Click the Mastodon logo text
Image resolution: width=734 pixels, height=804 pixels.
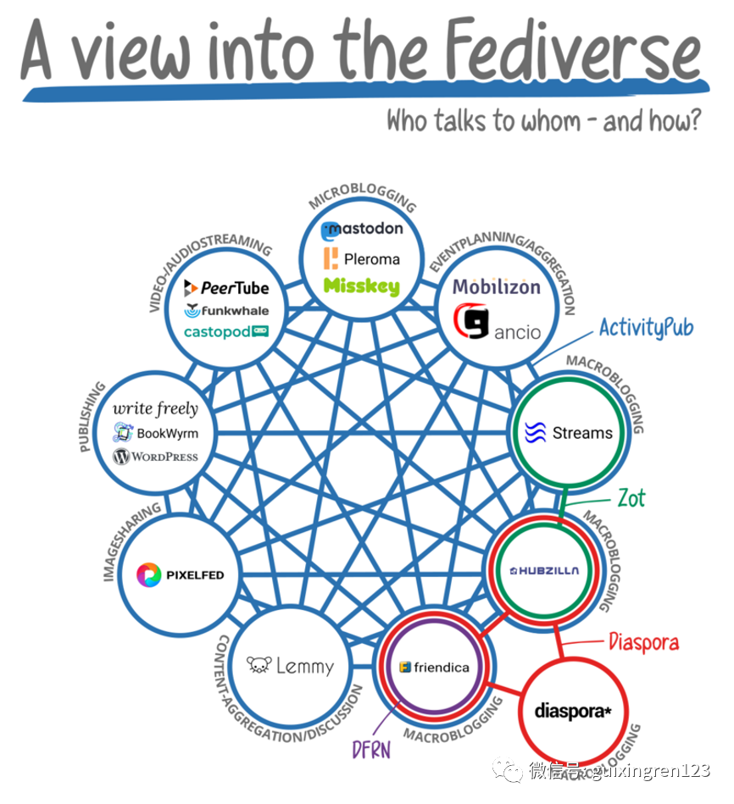pyautogui.click(x=362, y=229)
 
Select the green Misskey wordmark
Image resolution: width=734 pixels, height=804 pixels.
pyautogui.click(x=362, y=286)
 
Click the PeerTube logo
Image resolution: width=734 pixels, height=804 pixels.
pyautogui.click(x=226, y=288)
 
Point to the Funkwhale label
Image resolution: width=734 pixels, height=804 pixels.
pyautogui.click(x=226, y=310)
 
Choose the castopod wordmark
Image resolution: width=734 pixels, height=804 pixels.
pyautogui.click(x=226, y=331)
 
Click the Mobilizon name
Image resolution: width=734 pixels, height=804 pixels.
pyautogui.click(x=496, y=287)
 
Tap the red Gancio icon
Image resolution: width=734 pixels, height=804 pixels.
pyautogui.click(x=471, y=323)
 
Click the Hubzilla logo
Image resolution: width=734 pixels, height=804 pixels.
pyautogui.click(x=545, y=570)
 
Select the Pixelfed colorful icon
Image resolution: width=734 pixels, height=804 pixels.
pyautogui.click(x=149, y=574)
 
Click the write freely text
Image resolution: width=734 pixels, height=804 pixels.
pyautogui.click(x=155, y=409)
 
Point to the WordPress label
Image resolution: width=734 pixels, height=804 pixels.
pyautogui.click(x=156, y=457)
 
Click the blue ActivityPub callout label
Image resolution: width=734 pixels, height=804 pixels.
pyautogui.click(x=646, y=327)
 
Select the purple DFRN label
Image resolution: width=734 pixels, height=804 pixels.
pyautogui.click(x=371, y=749)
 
